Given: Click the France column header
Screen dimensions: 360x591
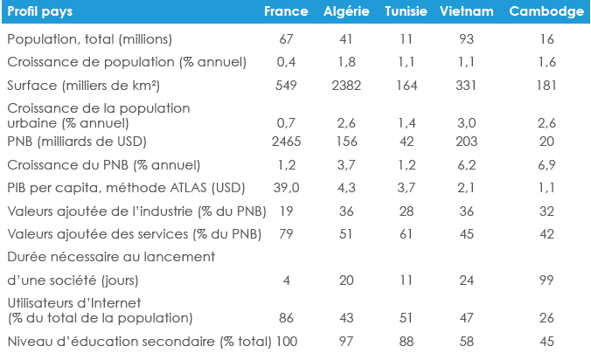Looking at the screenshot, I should (286, 11).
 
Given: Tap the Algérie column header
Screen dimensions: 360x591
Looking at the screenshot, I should (345, 11).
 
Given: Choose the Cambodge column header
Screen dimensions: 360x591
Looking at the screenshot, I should (546, 11).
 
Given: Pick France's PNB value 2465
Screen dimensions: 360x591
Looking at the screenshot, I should (286, 142).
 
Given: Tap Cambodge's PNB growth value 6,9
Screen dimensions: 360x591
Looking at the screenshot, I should (546, 164).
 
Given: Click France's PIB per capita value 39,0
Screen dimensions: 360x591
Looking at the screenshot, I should (286, 187).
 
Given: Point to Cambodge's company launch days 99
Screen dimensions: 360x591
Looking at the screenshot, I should (546, 280).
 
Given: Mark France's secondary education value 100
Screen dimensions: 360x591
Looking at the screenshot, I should (286, 341).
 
